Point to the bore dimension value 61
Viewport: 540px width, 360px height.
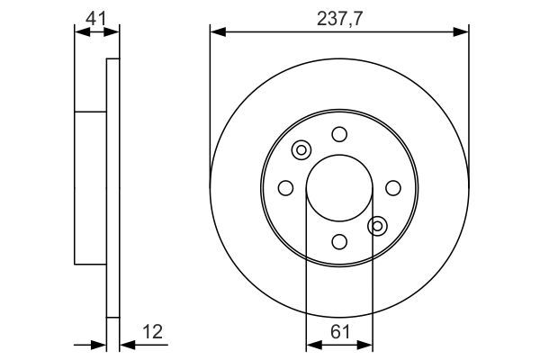tap(339, 332)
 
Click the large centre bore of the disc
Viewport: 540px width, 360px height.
tap(339, 187)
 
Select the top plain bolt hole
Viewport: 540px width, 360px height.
tap(339, 134)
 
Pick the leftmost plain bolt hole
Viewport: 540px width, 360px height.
tap(285, 187)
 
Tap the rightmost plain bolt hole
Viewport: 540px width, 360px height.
tap(393, 187)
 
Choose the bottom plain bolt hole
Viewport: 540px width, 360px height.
tap(339, 241)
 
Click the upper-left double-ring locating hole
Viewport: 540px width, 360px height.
tap(301, 150)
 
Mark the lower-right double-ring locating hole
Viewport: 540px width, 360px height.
tap(378, 225)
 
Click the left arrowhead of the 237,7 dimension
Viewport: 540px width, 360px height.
tap(214, 32)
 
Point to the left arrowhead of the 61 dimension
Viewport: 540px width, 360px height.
tap(311, 345)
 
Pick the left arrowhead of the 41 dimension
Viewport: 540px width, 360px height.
tap(78, 31)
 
